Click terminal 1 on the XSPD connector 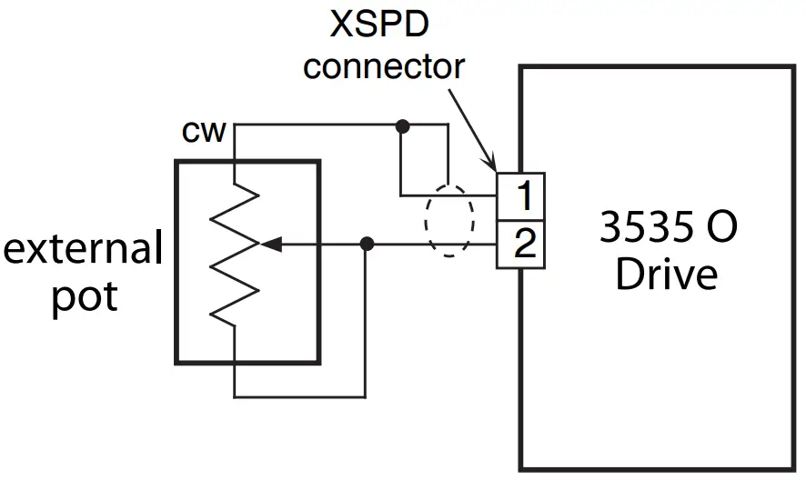tap(520, 195)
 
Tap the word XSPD tap(379, 25)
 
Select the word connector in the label tap(383, 66)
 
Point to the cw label tap(204, 132)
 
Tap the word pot tap(84, 296)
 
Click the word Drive tap(666, 275)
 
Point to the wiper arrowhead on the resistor tap(270, 244)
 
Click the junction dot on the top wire tap(401, 125)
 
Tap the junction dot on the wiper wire tap(367, 244)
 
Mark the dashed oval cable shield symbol tap(449, 221)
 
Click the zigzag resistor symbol tap(235, 250)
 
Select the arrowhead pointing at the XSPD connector tap(489, 164)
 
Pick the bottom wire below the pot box tap(300, 396)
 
